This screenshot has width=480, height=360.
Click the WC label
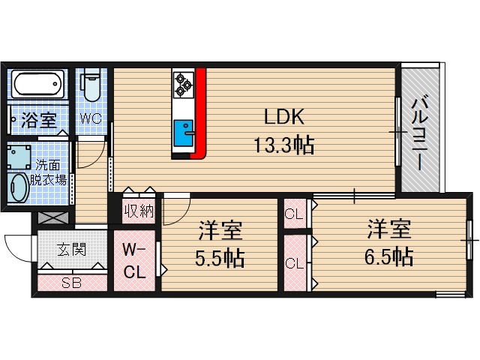coord(91,118)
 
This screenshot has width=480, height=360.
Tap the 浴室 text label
coord(38,120)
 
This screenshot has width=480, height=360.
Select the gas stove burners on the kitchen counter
coord(182,84)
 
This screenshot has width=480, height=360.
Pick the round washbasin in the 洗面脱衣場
coord(18,187)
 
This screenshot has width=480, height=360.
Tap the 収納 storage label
coord(139,211)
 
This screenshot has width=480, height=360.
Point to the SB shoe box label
coord(72,283)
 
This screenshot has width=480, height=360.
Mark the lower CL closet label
coord(294,263)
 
